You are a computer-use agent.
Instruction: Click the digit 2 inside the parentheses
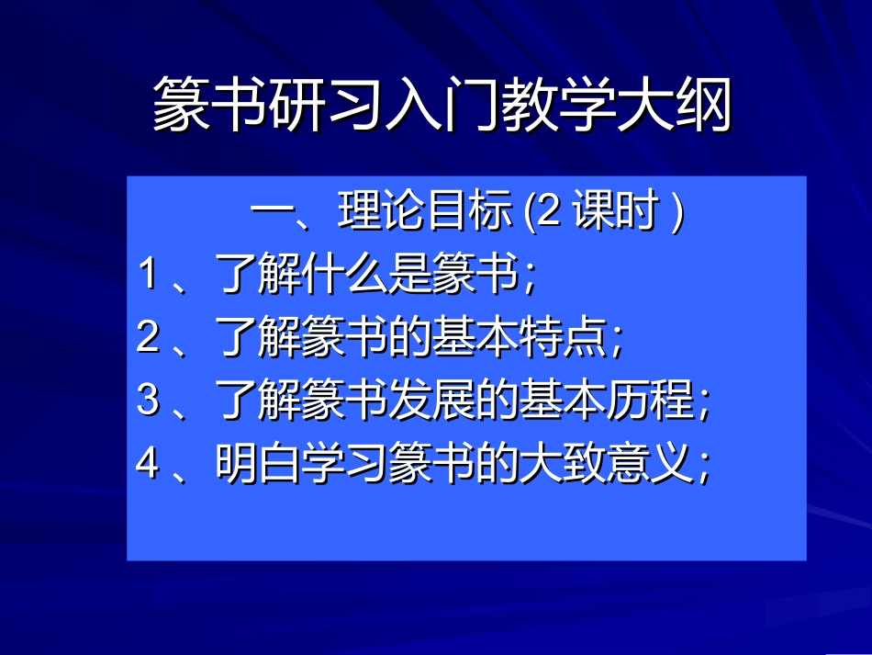(x=548, y=214)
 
